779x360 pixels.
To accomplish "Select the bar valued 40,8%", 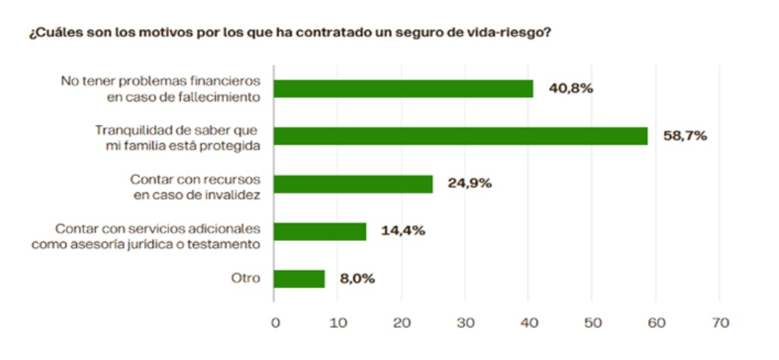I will (x=403, y=89).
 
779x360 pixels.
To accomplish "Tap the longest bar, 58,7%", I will (x=461, y=136).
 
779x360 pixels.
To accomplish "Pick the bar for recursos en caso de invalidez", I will (x=353, y=183).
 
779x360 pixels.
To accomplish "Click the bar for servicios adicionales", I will (x=320, y=231).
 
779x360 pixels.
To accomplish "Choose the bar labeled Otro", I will (x=299, y=278).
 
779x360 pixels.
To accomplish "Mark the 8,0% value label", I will (x=357, y=279).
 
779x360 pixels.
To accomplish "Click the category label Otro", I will (x=246, y=278).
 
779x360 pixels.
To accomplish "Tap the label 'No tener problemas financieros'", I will (x=161, y=81).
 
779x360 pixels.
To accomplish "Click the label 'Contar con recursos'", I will (x=196, y=177).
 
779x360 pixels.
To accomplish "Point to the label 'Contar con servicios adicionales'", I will (x=158, y=227).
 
